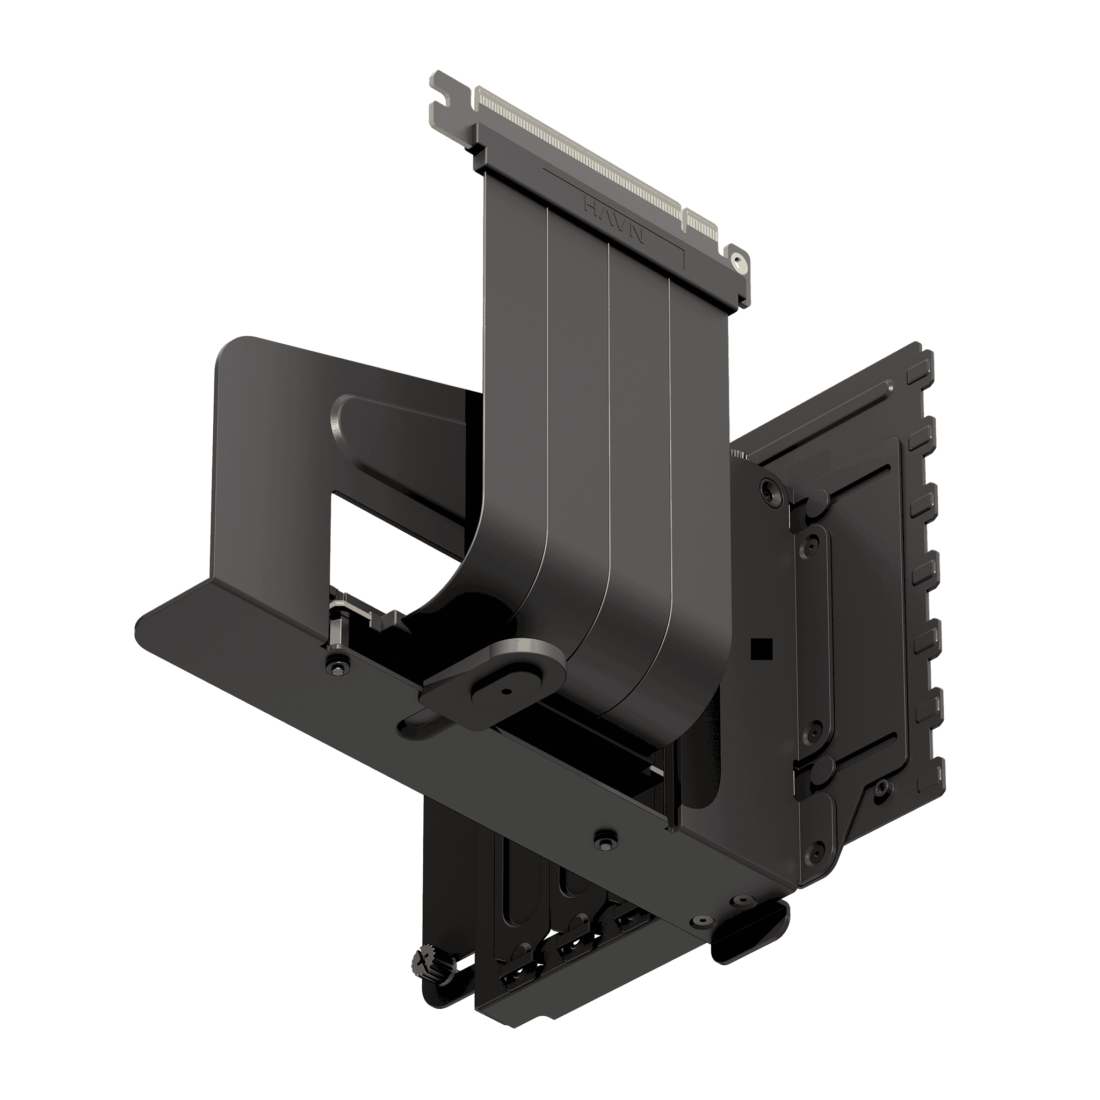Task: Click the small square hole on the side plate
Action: point(761,647)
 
